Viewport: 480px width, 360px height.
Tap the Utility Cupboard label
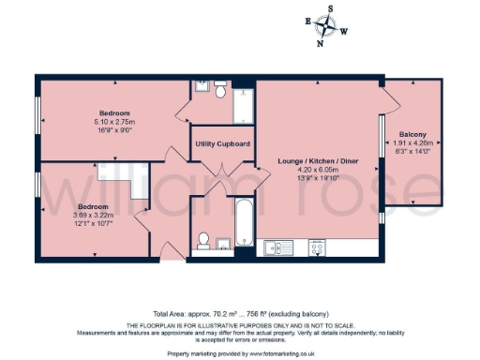[x=222, y=143]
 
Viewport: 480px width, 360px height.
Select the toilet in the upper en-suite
[x=219, y=91]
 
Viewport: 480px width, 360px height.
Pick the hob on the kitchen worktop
[x=318, y=247]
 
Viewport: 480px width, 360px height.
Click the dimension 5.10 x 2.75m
[x=115, y=122]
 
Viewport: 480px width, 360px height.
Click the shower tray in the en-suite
[x=243, y=105]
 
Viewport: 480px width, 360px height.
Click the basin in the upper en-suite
[x=202, y=86]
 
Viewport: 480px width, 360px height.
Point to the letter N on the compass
[x=321, y=42]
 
